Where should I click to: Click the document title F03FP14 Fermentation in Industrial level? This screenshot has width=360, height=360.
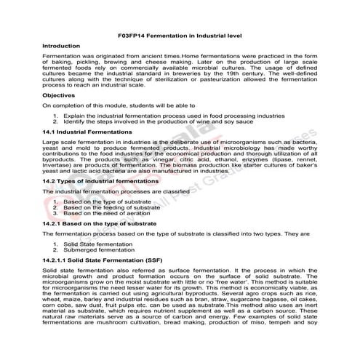(x=179, y=36)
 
